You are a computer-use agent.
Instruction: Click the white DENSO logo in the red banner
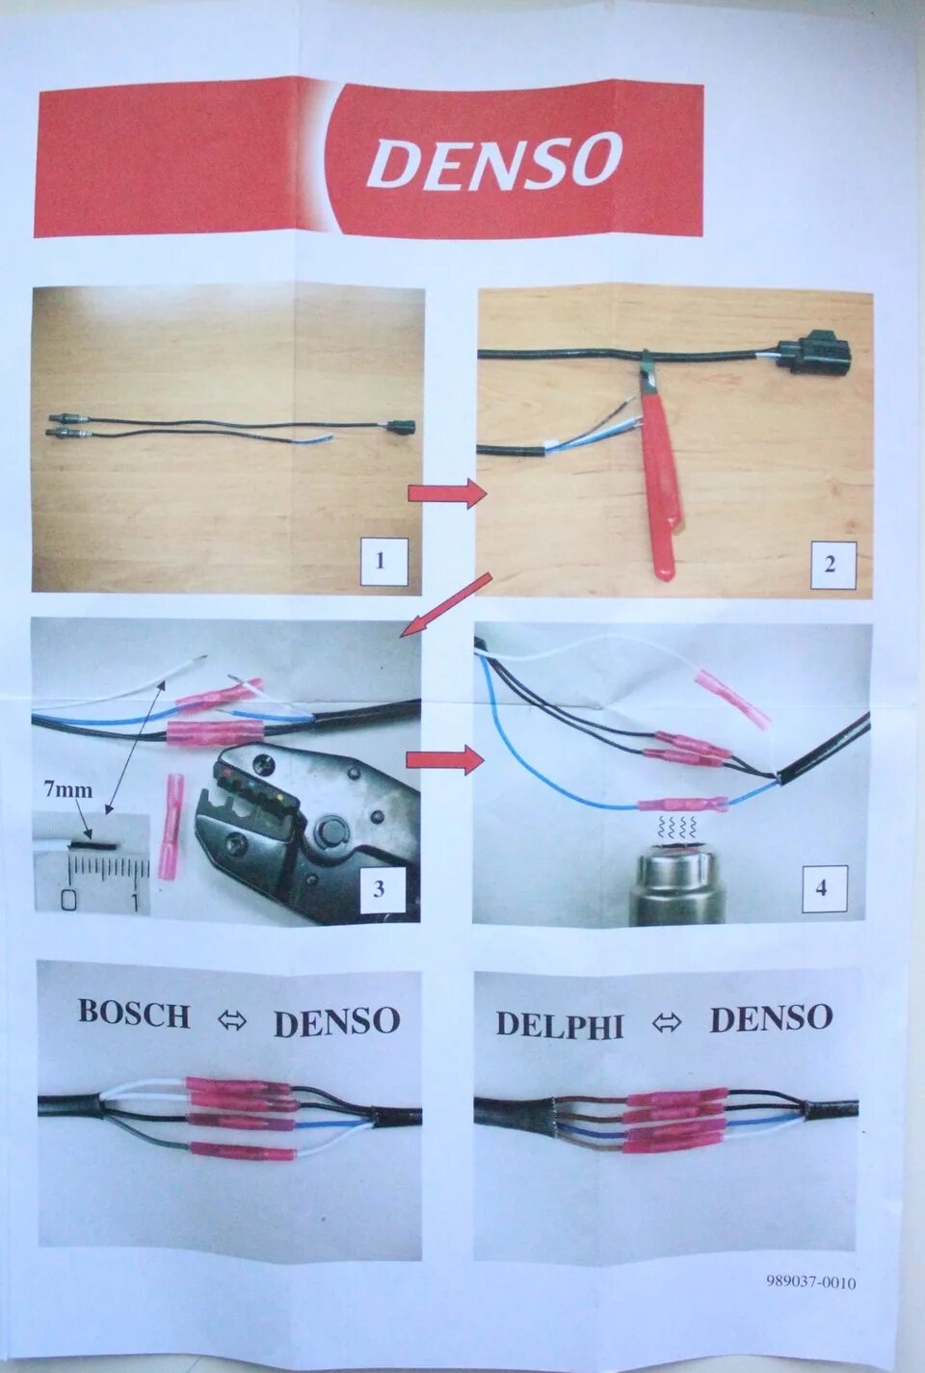point(494,161)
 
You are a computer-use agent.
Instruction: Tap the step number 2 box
point(830,564)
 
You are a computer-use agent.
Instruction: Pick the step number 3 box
point(379,888)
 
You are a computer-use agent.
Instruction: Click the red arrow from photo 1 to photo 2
point(447,493)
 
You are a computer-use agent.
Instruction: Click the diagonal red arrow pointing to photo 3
point(445,604)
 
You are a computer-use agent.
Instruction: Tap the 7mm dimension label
point(68,790)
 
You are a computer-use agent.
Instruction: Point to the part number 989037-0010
point(811,1281)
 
